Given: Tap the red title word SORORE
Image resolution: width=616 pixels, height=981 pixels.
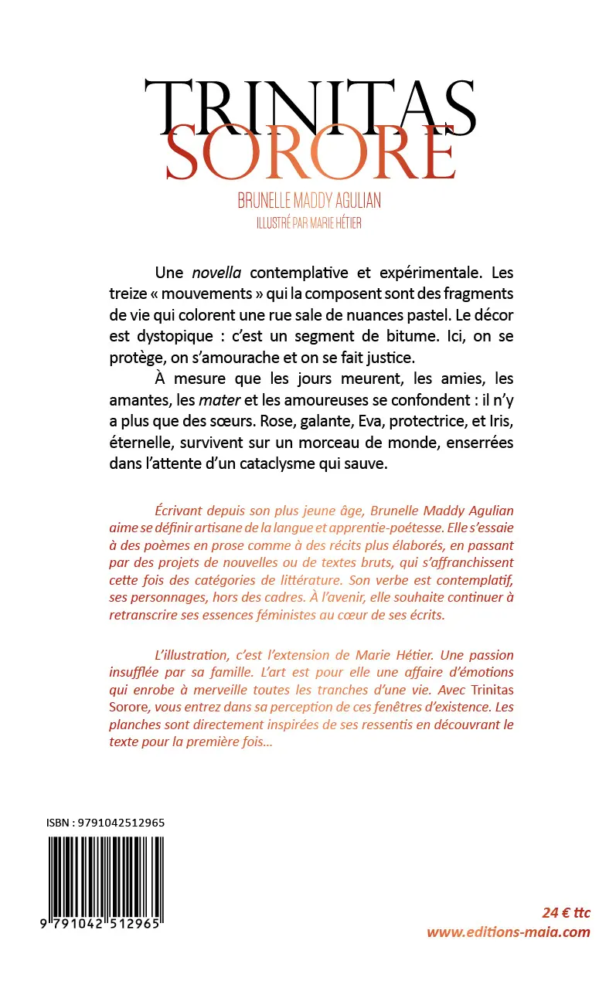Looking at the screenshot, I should [309, 154].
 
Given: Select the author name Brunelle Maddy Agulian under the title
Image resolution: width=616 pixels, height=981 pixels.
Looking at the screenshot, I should [309, 201].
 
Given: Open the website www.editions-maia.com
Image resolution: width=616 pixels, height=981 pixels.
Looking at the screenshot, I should [509, 932].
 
